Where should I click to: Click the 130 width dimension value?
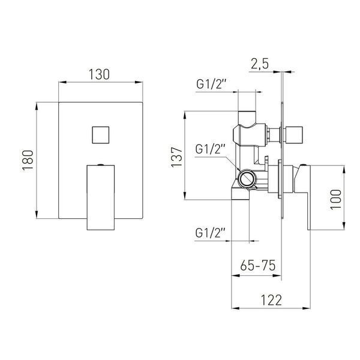tap(99, 74)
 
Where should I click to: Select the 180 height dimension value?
tap(28, 160)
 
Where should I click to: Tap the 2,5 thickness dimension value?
tap(260, 64)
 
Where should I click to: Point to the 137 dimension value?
tap(177, 157)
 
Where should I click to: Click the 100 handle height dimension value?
tap(336, 199)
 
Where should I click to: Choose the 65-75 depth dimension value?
tap(258, 266)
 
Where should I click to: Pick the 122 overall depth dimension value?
tap(271, 300)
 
